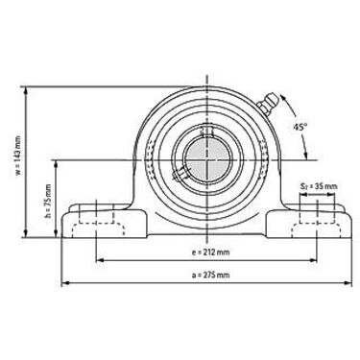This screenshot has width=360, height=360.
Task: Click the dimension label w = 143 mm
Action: click(18, 156)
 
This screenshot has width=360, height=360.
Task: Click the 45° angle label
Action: click(300, 127)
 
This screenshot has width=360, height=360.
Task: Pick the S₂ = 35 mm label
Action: click(319, 185)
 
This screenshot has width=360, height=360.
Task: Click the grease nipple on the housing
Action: click(268, 103)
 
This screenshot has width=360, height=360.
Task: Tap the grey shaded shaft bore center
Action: click(207, 160)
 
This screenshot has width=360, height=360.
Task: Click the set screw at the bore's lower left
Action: click(179, 172)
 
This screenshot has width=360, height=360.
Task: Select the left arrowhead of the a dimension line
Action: click(65, 282)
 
